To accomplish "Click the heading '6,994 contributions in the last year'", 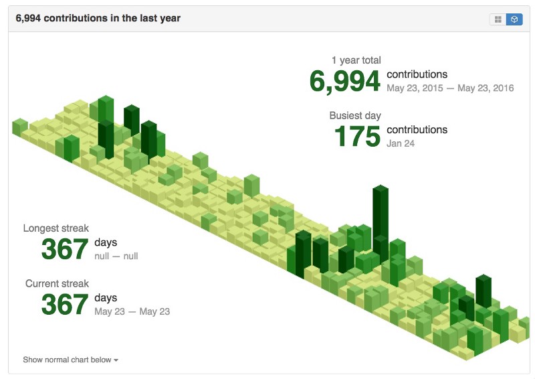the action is click(98, 18).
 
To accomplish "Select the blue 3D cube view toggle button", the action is click(514, 19).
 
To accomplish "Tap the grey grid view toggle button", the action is click(498, 19).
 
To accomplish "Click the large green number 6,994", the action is click(344, 82).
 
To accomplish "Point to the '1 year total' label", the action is click(356, 60).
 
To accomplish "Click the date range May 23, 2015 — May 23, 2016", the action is click(450, 88).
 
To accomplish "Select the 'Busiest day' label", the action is click(355, 116).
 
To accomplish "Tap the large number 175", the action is click(358, 137).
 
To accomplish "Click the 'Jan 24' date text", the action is click(401, 143).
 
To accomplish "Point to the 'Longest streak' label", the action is click(56, 228).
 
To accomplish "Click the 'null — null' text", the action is click(116, 256).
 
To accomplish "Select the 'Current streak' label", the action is click(57, 283).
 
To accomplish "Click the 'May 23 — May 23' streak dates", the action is click(132, 311).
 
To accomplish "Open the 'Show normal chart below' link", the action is click(71, 360).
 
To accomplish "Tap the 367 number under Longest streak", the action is click(64, 249).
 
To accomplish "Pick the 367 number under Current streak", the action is click(64, 305).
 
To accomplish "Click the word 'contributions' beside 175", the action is click(417, 130).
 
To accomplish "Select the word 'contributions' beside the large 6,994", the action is click(417, 74).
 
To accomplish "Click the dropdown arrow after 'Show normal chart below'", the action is click(116, 360).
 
